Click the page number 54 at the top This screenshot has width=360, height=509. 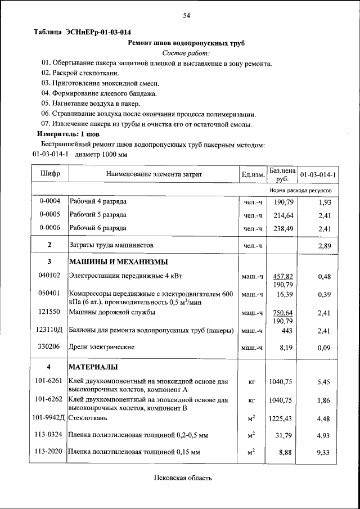[x=186, y=16]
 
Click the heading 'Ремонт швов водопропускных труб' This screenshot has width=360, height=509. [x=186, y=43]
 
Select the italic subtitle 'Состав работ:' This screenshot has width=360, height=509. [x=186, y=53]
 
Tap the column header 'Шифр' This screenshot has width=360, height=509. [x=50, y=174]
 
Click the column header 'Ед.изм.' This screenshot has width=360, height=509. [x=253, y=175]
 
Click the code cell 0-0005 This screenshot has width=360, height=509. [x=50, y=215]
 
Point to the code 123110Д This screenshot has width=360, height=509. [x=50, y=331]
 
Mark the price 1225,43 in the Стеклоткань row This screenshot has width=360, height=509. [x=282, y=418]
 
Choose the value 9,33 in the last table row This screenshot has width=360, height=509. [x=323, y=452]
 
